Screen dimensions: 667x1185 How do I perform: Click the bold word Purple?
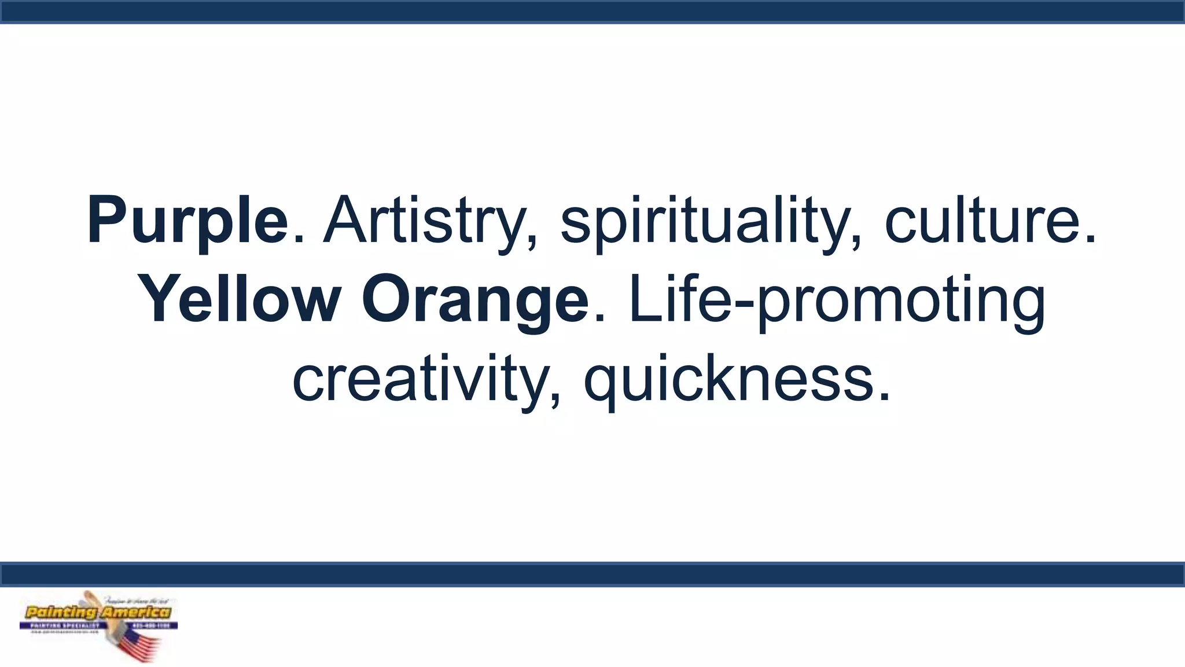tap(187, 221)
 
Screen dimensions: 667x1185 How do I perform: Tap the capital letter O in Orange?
tap(385, 300)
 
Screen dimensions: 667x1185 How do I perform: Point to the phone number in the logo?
tap(153, 626)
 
